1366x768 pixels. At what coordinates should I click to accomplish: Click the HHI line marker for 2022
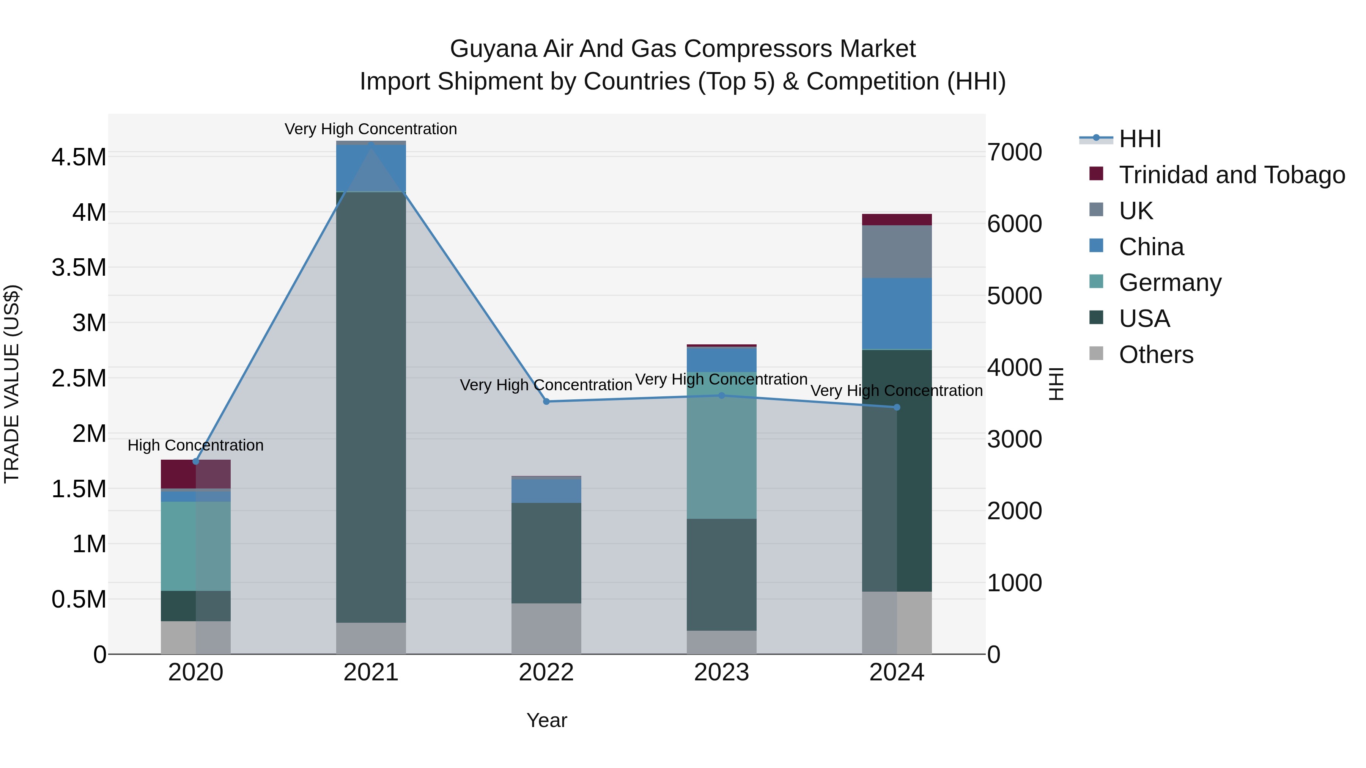[546, 401]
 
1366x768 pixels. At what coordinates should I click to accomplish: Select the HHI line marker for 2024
[897, 407]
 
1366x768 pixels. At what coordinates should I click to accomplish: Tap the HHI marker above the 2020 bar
[196, 461]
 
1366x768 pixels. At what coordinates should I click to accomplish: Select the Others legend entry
[1156, 354]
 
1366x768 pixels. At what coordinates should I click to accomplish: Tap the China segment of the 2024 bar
[897, 313]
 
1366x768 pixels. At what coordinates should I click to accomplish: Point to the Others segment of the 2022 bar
[546, 628]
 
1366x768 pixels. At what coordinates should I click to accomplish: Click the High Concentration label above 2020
[196, 445]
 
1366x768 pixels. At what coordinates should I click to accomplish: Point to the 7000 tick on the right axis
[1014, 152]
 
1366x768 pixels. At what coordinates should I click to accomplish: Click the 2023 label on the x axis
[721, 672]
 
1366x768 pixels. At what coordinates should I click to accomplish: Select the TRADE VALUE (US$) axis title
[12, 384]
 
